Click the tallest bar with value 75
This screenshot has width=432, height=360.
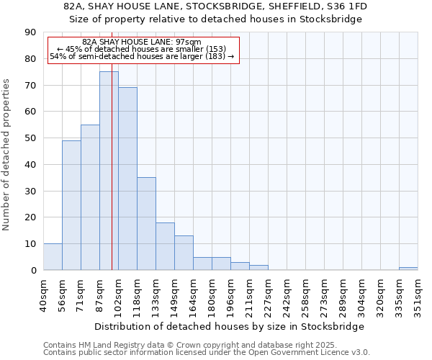[109, 171]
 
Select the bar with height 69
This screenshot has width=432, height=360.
[127, 179]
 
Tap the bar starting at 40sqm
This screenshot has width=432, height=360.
[53, 257]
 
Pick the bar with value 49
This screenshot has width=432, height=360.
[71, 205]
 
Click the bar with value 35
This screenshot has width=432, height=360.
[146, 223]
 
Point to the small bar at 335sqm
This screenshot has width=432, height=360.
[408, 269]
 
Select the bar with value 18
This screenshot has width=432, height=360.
[165, 246]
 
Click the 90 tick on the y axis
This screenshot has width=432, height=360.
[30, 32]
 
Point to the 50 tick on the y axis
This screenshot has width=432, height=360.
[30, 138]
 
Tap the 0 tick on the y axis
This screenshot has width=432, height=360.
[33, 270]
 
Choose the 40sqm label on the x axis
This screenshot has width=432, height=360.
[43, 294]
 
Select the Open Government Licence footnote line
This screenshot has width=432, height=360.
[207, 352]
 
